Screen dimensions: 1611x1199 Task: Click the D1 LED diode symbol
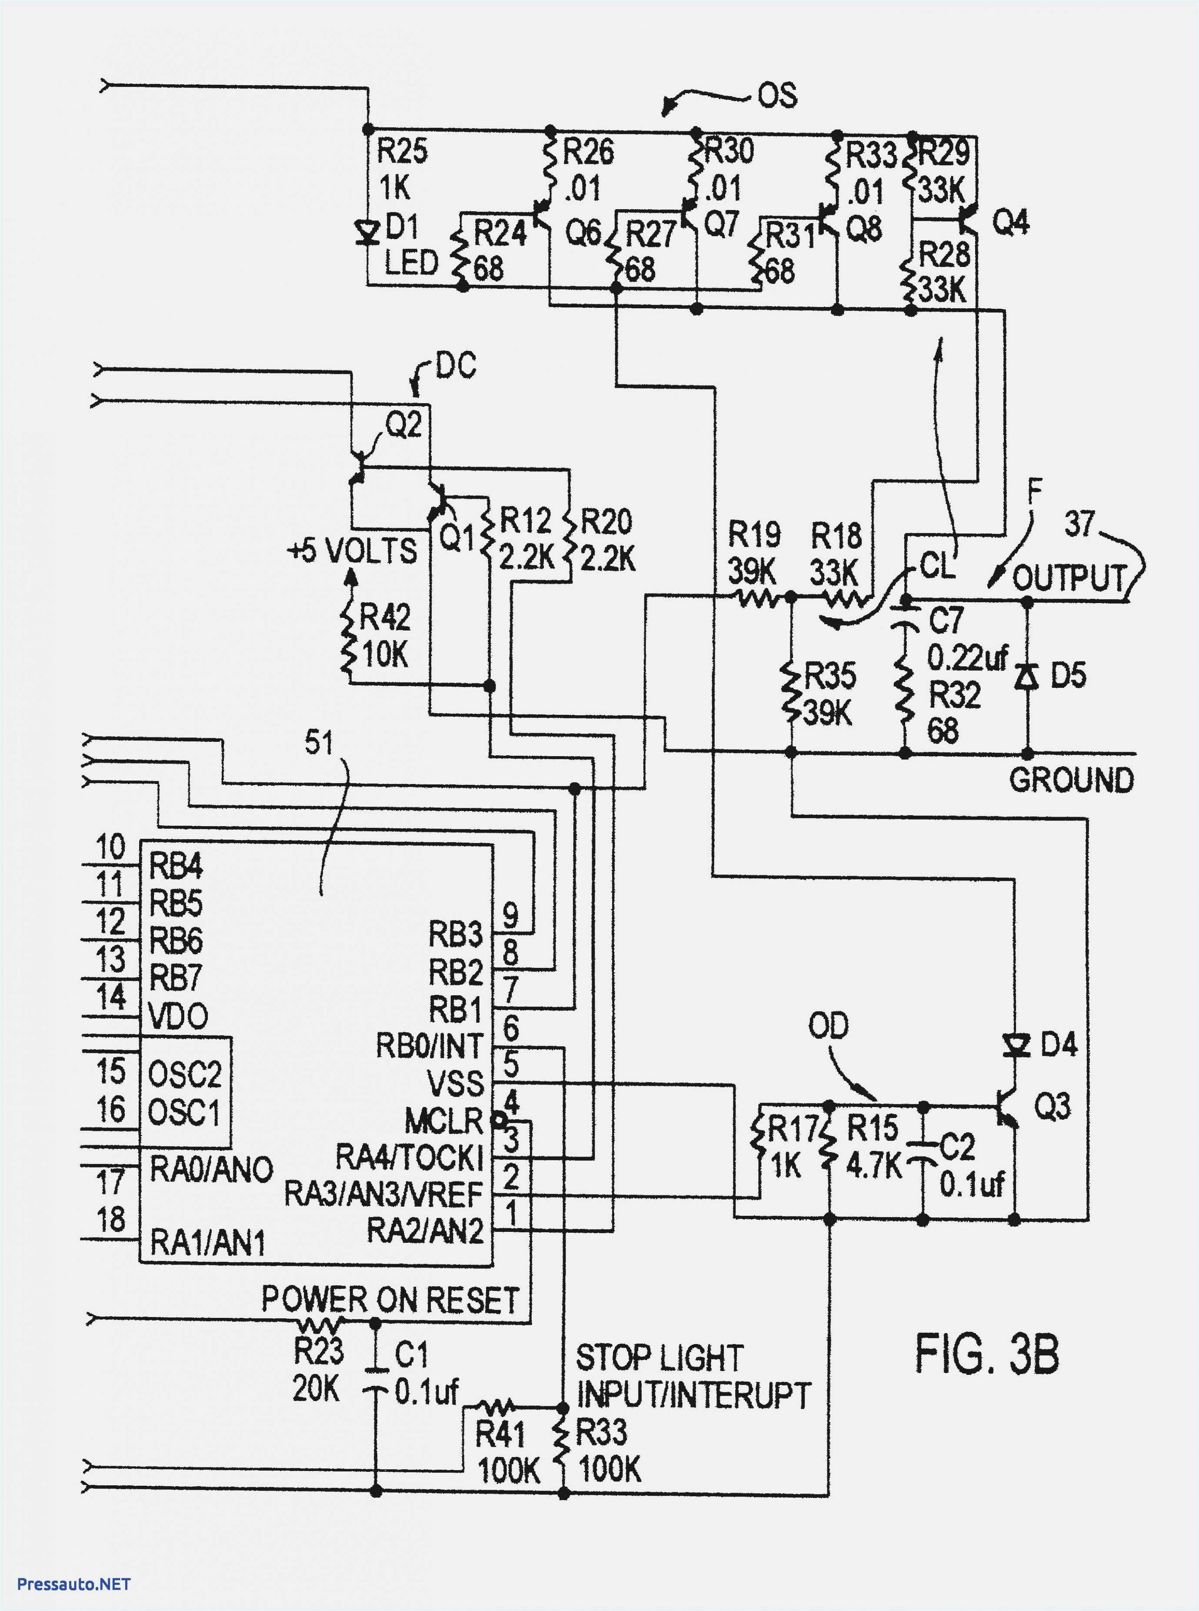click(x=368, y=233)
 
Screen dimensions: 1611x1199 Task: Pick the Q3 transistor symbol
click(x=1009, y=1109)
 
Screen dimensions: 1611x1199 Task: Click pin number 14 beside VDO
click(x=111, y=996)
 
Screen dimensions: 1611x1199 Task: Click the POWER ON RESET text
click(x=390, y=1300)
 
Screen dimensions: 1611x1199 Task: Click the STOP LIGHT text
click(x=659, y=1357)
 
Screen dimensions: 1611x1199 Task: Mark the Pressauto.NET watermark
click(x=73, y=1584)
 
